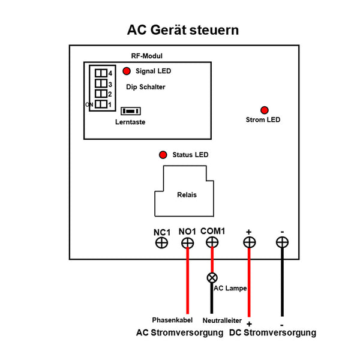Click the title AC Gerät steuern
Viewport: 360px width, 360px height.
pos(183,29)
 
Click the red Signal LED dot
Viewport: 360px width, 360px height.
pos(127,71)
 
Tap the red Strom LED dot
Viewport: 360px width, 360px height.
pos(264,110)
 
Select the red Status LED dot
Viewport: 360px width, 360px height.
pos(163,155)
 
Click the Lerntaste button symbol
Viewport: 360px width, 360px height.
pos(131,112)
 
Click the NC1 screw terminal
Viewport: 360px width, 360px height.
pos(162,242)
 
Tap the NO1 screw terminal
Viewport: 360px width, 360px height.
pos(187,242)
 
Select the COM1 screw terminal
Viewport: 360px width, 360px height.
pos(212,242)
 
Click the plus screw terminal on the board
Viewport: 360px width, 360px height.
pos(249,242)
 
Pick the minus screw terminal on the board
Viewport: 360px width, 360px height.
pos(281,242)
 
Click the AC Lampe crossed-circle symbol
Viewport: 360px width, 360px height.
pos(212,277)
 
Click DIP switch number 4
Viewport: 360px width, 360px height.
pos(101,73)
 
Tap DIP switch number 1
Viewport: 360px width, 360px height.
pos(101,104)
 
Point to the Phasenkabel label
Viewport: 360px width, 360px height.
pos(172,320)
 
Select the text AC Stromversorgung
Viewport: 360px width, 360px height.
pos(179,332)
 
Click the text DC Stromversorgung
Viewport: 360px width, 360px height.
pos(273,332)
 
